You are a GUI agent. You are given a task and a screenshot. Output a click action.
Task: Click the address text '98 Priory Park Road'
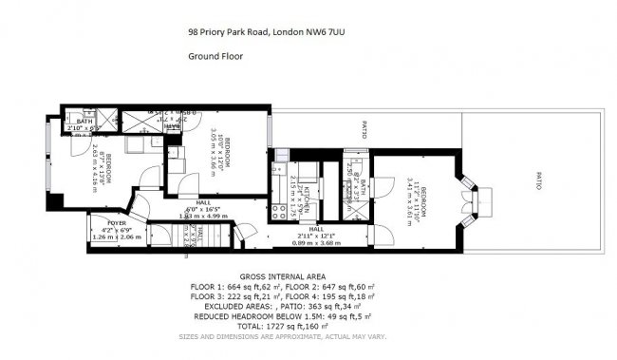click(x=228, y=30)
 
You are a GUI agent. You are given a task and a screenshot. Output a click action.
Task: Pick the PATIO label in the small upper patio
click(x=364, y=130)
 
